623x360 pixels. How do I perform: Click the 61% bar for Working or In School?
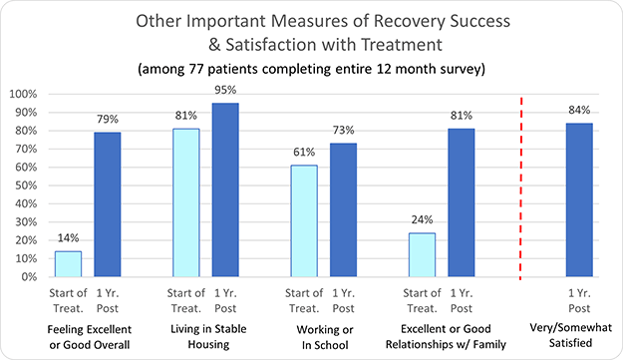[303, 220]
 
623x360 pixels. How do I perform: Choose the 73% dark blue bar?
[343, 209]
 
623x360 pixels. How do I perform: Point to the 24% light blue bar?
[422, 254]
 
